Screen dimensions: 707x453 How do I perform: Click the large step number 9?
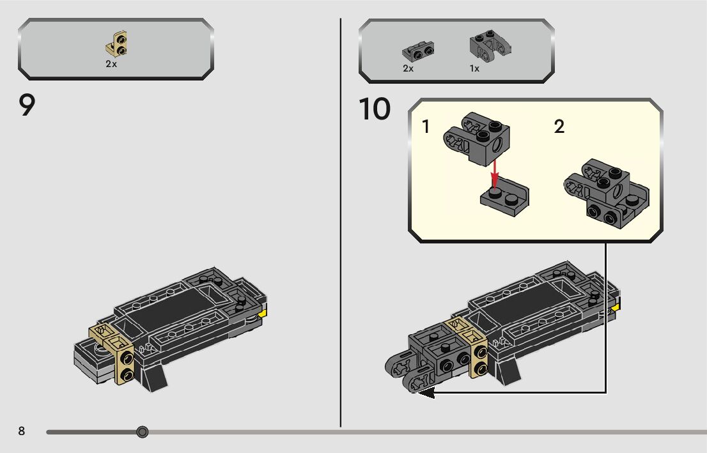pyautogui.click(x=27, y=105)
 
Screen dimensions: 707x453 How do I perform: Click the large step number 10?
pyautogui.click(x=375, y=109)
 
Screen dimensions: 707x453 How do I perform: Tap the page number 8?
pyautogui.click(x=21, y=431)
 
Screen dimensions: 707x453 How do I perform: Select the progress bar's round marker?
pyautogui.click(x=142, y=432)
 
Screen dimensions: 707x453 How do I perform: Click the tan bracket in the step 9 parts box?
pyautogui.click(x=117, y=44)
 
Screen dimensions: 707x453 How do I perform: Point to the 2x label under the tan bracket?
pyautogui.click(x=111, y=64)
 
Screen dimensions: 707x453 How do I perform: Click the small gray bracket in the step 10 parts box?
pyautogui.click(x=418, y=51)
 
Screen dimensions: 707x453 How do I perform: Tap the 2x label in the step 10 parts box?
pyautogui.click(x=408, y=68)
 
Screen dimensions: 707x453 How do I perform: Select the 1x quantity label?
pyautogui.click(x=474, y=68)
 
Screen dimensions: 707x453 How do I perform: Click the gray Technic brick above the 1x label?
pyautogui.click(x=490, y=45)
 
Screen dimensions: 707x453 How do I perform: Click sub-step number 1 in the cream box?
pyautogui.click(x=426, y=127)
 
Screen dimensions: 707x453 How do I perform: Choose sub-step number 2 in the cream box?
pyautogui.click(x=559, y=127)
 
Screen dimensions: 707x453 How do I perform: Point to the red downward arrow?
pyautogui.click(x=495, y=174)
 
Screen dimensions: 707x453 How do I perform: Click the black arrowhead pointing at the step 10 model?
pyautogui.click(x=426, y=392)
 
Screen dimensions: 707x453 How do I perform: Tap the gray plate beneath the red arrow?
pyautogui.click(x=505, y=197)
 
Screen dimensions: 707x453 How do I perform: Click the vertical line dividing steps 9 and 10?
pyautogui.click(x=341, y=223)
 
